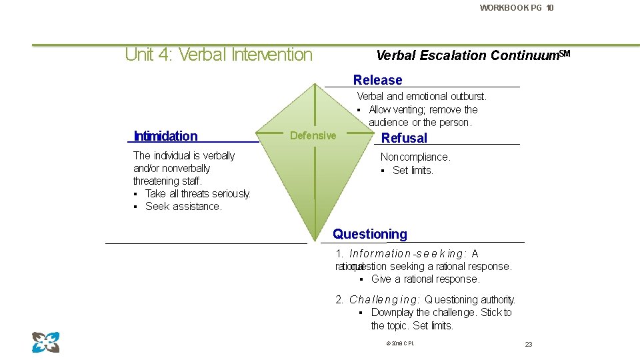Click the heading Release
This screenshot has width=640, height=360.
coord(377,80)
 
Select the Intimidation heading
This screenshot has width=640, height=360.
coord(165,136)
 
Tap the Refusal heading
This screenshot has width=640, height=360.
coord(404,138)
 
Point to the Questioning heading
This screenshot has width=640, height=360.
coord(370,234)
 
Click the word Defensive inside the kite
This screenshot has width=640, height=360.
coord(313,136)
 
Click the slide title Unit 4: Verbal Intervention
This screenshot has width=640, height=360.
coord(219,55)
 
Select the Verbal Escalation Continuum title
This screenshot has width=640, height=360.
coord(473,55)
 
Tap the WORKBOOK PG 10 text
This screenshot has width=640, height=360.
coord(516,8)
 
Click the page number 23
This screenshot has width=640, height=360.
coord(529,344)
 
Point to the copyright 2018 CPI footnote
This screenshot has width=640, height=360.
coord(400,343)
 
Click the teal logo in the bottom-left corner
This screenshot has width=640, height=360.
coord(46,342)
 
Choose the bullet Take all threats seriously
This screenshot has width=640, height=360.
coord(197,194)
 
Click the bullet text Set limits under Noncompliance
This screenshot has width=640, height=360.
coord(413,171)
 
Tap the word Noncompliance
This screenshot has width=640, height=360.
coord(415,157)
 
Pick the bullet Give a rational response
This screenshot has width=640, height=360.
coord(425,279)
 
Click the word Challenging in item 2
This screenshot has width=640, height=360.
coord(384,300)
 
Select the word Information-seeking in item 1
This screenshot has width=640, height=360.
coord(406,254)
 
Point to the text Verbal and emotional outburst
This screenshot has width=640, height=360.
coord(421,97)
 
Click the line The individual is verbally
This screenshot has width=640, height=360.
coord(184,156)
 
